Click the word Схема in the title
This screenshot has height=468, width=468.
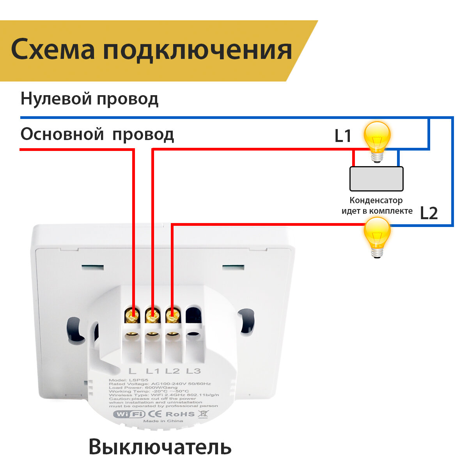[x=53, y=50]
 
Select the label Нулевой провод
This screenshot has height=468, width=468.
[x=89, y=99]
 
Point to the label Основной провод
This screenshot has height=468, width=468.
[x=97, y=135]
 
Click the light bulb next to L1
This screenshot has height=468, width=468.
[x=377, y=140]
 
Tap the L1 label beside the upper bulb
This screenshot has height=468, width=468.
[x=343, y=136]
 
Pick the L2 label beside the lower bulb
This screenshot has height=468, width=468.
[x=429, y=213]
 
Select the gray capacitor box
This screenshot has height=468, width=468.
[x=376, y=179]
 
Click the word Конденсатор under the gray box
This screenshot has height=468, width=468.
[x=376, y=200]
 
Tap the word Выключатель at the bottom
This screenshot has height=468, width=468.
[x=160, y=447]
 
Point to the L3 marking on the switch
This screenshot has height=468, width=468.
[x=193, y=371]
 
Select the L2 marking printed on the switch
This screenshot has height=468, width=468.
[x=172, y=371]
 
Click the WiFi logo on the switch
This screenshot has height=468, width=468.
[x=129, y=414]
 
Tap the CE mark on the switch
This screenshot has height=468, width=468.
[x=155, y=414]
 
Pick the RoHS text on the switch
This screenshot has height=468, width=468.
[x=180, y=414]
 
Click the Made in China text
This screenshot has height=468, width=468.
[x=163, y=421]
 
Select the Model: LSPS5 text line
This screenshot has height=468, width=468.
[x=124, y=380]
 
